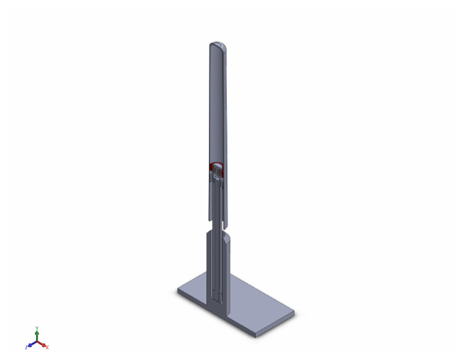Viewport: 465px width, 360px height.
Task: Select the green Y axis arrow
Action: point(38,334)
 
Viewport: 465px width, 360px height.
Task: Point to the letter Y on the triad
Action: point(38,327)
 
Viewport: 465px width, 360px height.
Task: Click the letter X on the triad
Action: point(47,347)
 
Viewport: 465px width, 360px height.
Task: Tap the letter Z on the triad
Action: point(27,347)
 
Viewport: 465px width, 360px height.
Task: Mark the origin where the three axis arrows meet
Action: point(38,342)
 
